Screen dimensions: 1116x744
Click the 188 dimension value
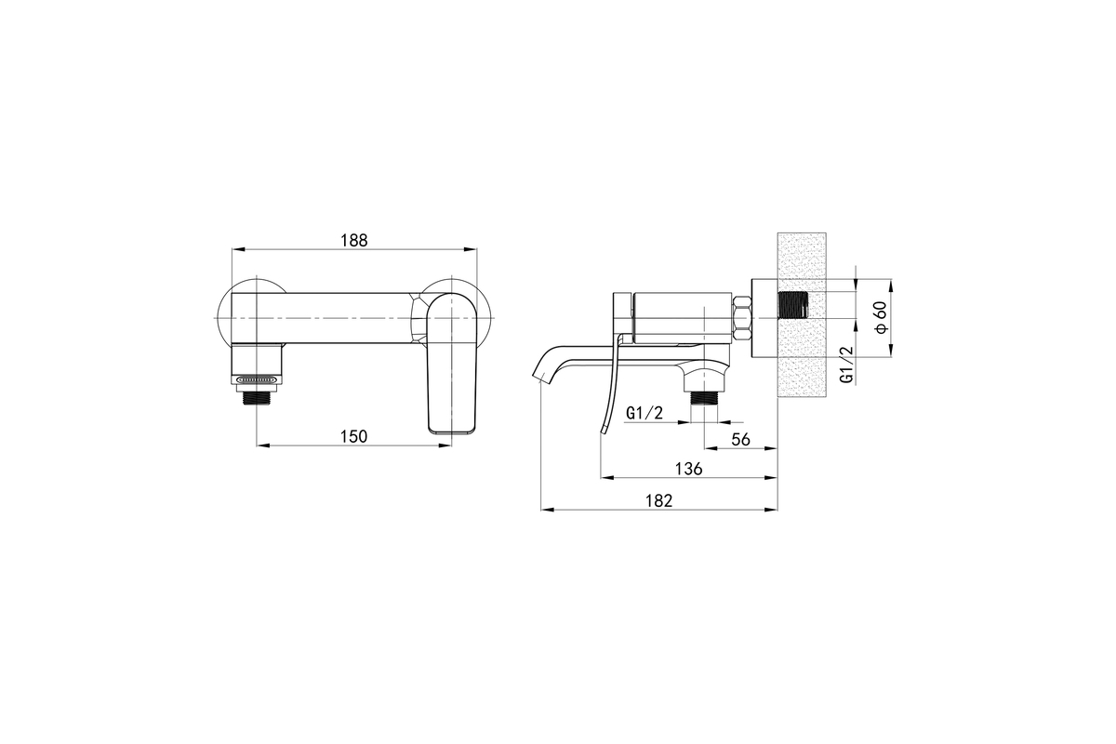[353, 240]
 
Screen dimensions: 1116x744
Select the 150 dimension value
[353, 436]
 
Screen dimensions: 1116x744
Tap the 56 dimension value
[741, 440]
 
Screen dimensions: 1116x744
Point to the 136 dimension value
[688, 469]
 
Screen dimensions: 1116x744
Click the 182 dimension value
[659, 501]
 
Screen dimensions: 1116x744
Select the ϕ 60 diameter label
[882, 317]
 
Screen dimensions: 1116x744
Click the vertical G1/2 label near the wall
[846, 365]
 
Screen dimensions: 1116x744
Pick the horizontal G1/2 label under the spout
[644, 413]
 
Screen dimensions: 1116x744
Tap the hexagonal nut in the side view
[741, 318]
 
